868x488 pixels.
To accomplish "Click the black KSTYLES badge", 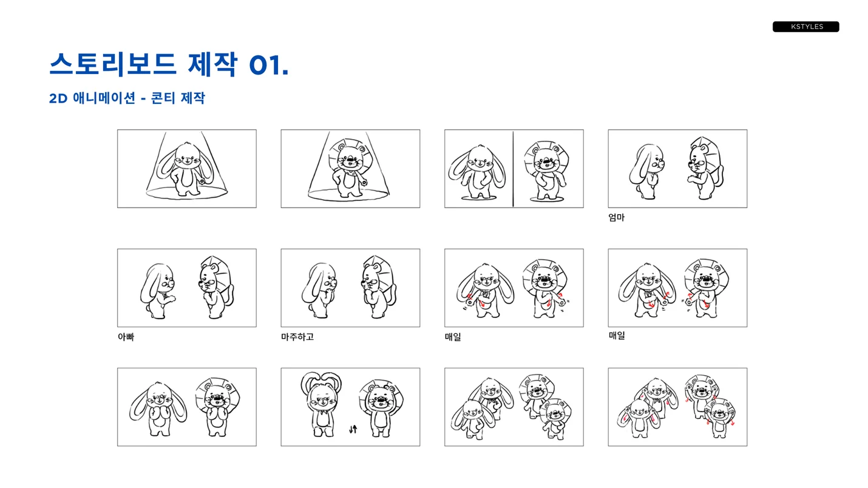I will click(805, 27).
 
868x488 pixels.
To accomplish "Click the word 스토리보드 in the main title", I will click(113, 64).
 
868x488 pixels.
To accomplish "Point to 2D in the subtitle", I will click(58, 98).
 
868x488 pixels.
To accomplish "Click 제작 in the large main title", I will click(212, 64).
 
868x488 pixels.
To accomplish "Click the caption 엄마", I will click(616, 217).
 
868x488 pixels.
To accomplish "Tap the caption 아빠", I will click(126, 337).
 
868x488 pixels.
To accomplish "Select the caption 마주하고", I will click(297, 337).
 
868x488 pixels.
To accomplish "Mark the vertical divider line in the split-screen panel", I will click(513, 169).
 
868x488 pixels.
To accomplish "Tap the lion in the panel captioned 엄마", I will click(703, 169).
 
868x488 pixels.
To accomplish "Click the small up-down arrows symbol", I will click(353, 429).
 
